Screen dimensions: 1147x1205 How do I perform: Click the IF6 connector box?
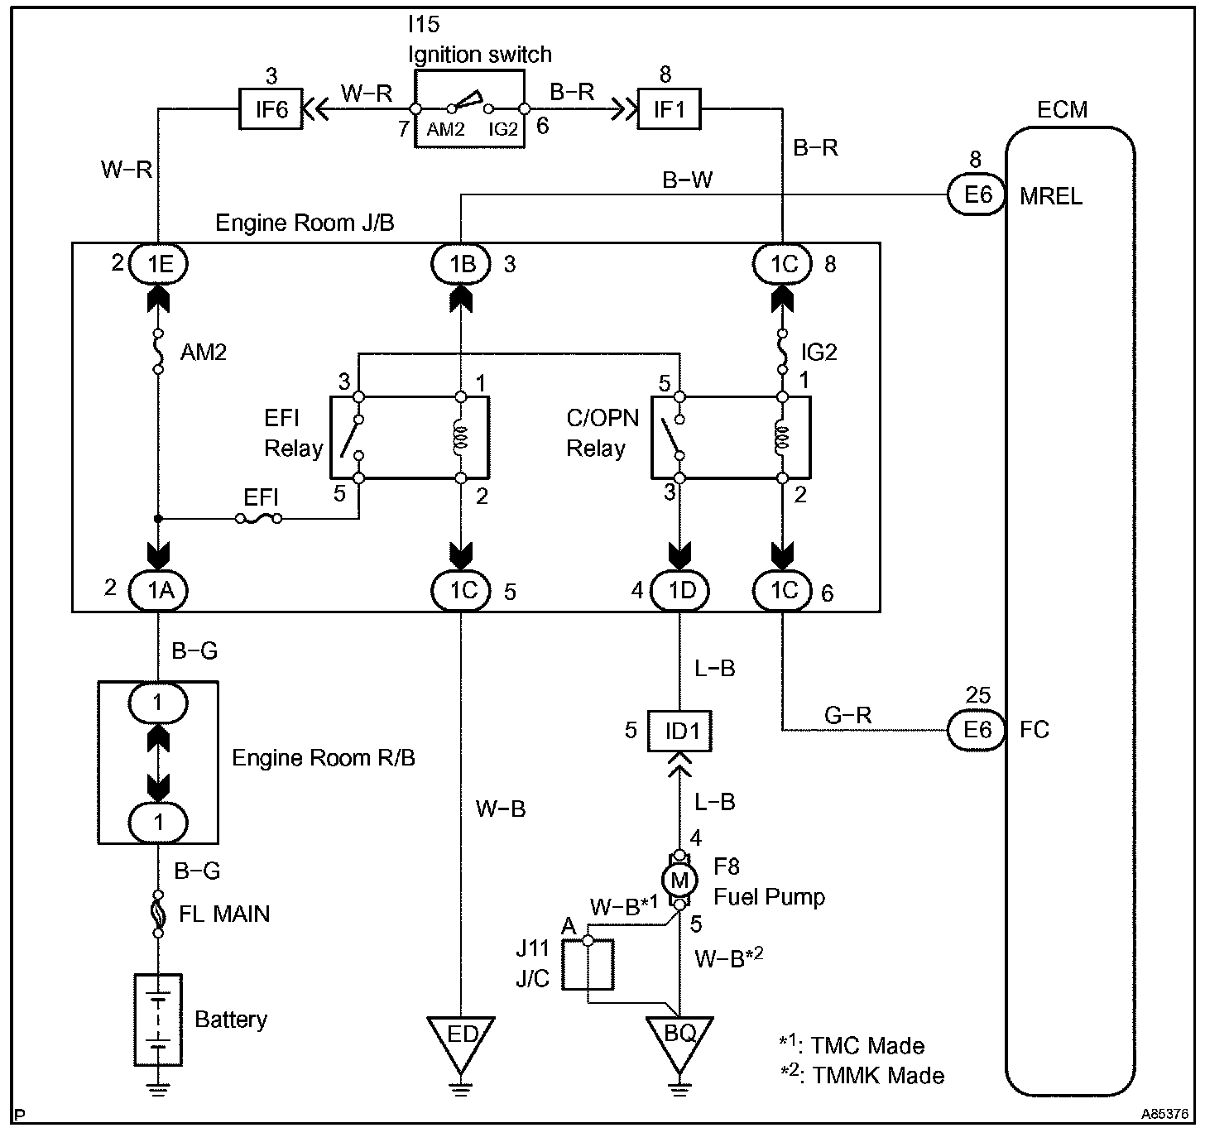[x=271, y=108]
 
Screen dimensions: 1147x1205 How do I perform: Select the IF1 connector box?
[x=669, y=108]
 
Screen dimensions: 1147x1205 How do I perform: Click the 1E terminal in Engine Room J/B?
[x=159, y=263]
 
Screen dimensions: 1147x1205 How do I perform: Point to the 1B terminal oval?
[x=461, y=263]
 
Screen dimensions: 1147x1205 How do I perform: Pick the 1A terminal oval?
[x=158, y=590]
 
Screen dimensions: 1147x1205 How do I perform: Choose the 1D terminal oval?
[x=681, y=590]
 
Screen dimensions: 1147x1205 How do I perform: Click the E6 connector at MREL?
[x=977, y=194]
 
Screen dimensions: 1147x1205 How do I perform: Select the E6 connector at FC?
[x=977, y=729]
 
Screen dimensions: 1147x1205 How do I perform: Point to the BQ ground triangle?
[x=679, y=1036]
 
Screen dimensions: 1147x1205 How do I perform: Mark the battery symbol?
[x=158, y=1020]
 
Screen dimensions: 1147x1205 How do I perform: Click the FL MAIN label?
[x=224, y=914]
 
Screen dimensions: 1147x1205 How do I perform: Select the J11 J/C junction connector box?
[x=588, y=965]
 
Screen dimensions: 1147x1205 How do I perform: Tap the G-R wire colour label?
[x=847, y=716]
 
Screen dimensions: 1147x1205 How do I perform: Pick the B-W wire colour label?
[x=687, y=180]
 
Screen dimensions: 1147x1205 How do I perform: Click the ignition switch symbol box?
[x=469, y=108]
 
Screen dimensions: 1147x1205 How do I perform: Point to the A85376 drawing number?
[x=1165, y=1115]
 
